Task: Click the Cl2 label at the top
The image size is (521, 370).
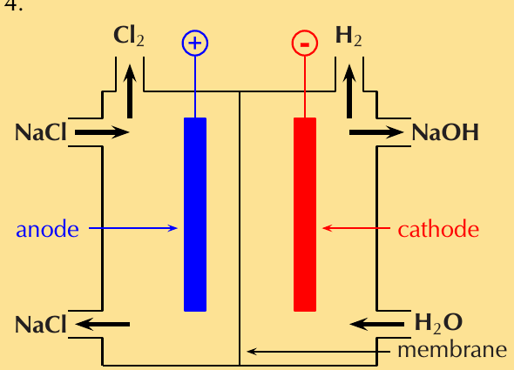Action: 129,36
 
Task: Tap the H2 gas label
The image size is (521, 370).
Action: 348,36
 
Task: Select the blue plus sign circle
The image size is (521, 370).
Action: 195,43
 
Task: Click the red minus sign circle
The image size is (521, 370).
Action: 305,43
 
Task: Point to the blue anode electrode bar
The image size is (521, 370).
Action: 195,214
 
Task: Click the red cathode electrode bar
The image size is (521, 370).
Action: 305,214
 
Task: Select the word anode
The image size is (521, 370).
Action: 48,229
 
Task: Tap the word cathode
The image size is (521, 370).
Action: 438,229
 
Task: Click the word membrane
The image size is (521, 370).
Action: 452,350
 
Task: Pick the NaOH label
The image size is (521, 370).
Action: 445,132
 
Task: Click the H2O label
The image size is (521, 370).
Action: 438,323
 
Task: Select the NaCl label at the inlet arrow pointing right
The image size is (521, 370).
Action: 41,132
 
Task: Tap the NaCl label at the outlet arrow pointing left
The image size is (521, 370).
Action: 41,325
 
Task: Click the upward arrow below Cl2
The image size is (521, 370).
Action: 130,91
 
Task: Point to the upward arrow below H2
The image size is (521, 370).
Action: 348,91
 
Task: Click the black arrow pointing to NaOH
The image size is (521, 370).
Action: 376,132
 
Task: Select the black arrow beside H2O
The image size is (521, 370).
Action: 377,324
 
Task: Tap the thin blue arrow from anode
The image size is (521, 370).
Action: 133,228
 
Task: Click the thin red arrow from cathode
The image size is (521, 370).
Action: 356,228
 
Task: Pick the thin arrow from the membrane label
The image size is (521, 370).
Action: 318,351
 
